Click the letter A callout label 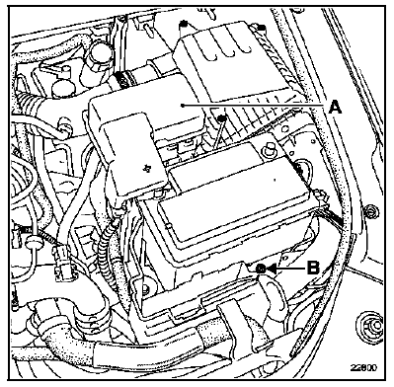(x=335, y=108)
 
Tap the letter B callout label (x=313, y=268)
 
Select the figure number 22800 (x=363, y=367)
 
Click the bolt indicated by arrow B (x=261, y=270)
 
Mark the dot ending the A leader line (x=182, y=106)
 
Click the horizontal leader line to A (x=255, y=106)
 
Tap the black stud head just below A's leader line (x=223, y=117)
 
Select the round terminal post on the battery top (x=268, y=150)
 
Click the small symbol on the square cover (x=146, y=169)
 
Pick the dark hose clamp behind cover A (x=122, y=79)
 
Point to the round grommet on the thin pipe (x=33, y=242)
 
